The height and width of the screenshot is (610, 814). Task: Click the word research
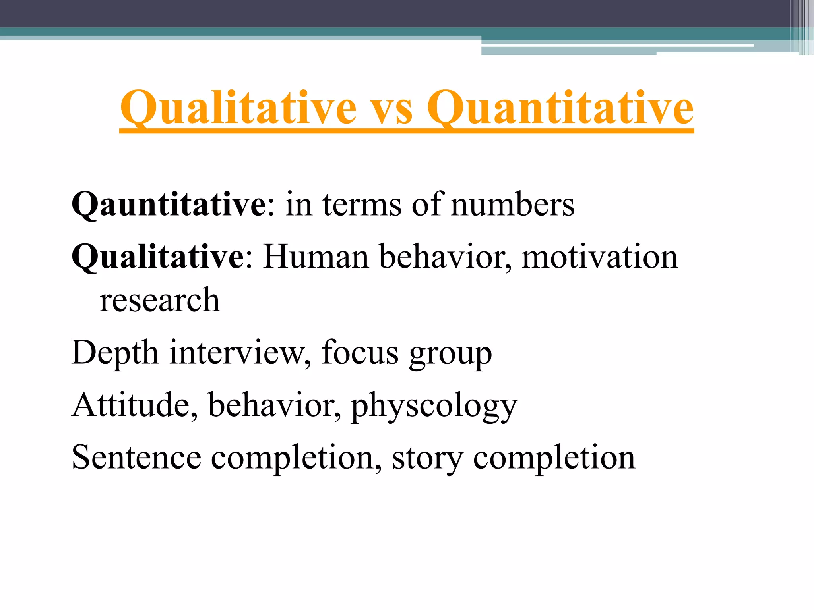159,300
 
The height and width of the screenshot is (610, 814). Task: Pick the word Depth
115,353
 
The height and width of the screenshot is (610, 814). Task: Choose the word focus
360,353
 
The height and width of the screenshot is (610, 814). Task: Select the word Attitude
135,405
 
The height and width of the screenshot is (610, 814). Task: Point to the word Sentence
136,457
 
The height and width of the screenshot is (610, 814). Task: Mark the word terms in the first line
362,205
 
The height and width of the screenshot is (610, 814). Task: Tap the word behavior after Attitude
274,405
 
